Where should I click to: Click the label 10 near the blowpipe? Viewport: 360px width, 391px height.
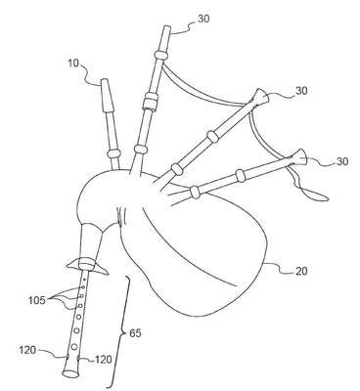73,63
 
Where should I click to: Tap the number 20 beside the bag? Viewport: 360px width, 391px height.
300,271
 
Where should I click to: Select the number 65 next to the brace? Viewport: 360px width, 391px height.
136,333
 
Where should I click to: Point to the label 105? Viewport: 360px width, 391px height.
36,300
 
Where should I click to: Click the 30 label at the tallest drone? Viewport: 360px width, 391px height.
203,19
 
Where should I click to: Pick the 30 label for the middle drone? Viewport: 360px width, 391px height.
301,91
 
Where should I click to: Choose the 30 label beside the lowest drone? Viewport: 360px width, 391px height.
341,161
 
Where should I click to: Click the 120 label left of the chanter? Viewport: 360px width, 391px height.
27,350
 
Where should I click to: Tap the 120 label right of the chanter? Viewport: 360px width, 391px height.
104,360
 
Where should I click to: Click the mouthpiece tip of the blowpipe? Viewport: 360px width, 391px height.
105,80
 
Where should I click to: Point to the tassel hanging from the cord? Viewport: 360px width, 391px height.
318,196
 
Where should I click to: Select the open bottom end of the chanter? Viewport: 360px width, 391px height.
70,373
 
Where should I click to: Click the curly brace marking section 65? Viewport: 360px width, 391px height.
120,332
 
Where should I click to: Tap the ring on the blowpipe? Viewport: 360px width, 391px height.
114,153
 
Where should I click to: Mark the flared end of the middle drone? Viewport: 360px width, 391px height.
262,97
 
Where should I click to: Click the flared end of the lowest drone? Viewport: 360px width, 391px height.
301,158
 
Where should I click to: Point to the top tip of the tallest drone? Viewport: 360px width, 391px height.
166,28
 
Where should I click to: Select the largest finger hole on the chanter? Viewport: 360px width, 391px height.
74,346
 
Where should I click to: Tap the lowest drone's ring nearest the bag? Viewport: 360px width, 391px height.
195,192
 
